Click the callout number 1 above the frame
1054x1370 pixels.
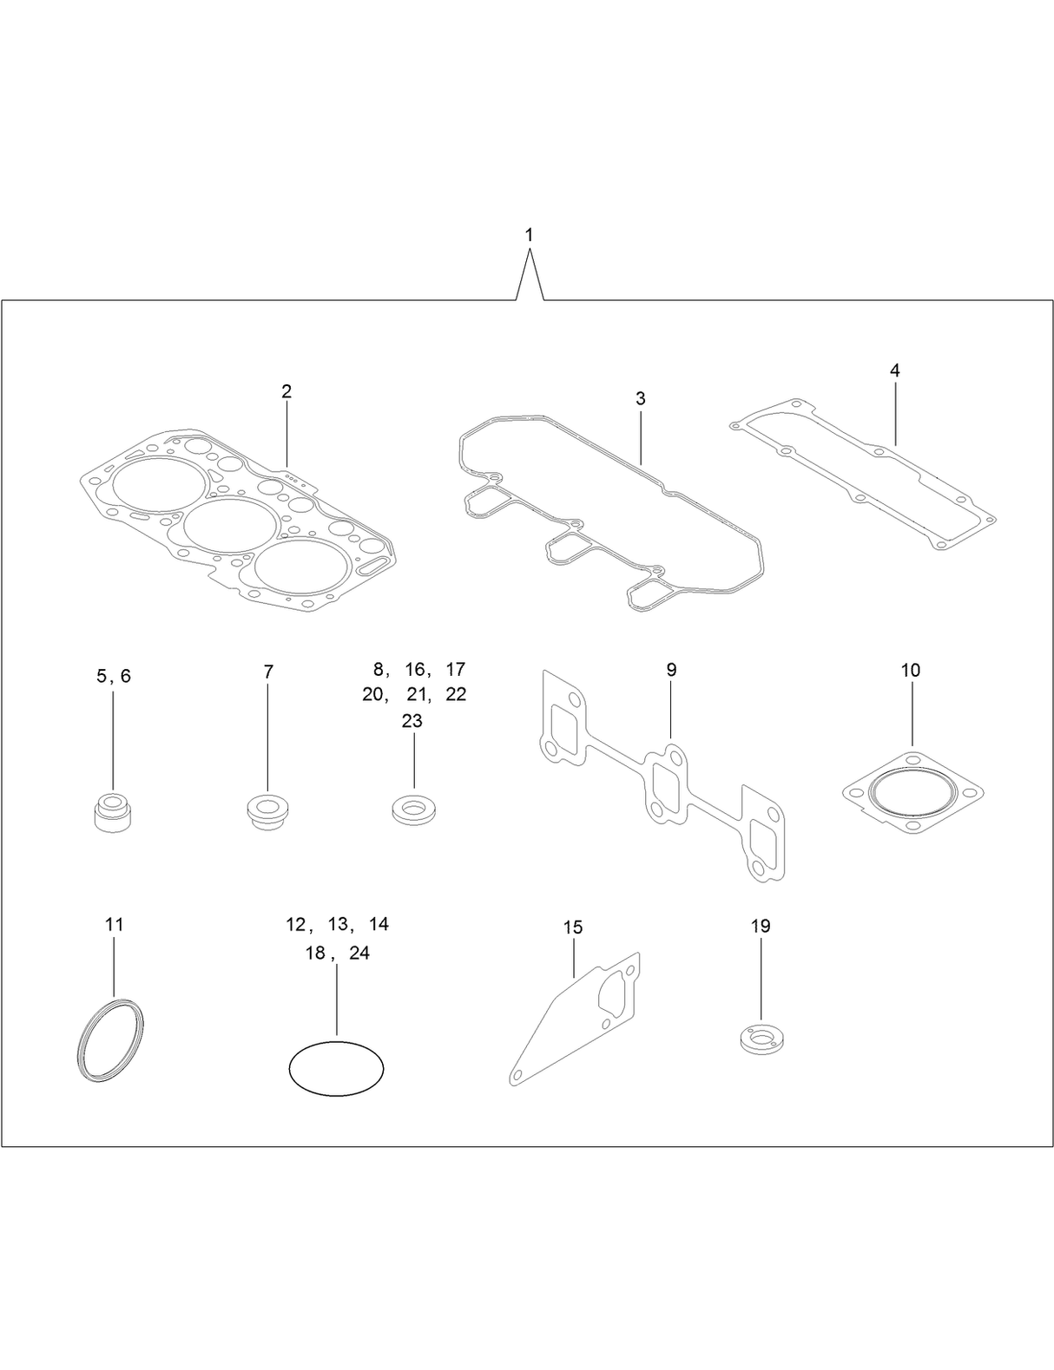tap(529, 235)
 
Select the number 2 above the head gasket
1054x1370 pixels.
tap(287, 391)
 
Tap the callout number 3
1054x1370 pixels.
tap(640, 398)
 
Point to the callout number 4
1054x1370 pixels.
tap(894, 370)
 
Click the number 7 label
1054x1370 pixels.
tap(268, 672)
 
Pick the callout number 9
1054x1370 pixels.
tap(670, 670)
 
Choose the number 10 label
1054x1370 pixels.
tap(910, 670)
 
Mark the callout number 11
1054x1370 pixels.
tap(114, 924)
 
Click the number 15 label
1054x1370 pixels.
tap(573, 928)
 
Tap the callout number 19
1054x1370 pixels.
tap(761, 926)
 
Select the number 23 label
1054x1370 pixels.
tap(412, 721)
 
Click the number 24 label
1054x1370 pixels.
tap(359, 953)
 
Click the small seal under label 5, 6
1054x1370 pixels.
tap(114, 810)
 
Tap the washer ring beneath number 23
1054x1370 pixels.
tap(414, 810)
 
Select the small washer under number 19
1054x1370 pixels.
tap(761, 1039)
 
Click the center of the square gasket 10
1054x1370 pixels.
tap(912, 792)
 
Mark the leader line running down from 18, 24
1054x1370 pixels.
tap(337, 1000)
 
